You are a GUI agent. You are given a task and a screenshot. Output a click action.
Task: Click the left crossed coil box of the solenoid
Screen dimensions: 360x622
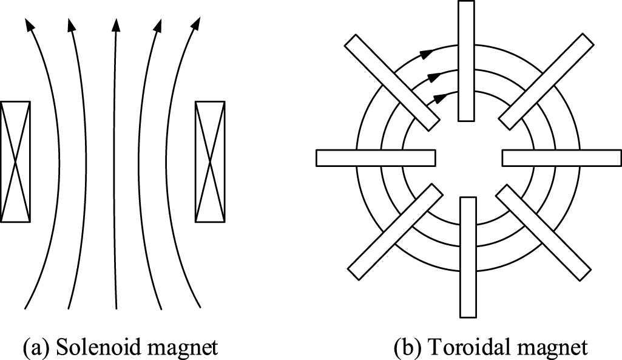click(16, 161)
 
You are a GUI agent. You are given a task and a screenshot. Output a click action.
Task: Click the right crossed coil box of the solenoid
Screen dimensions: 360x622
click(210, 161)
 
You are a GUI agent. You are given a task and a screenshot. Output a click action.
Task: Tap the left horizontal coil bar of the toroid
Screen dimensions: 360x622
click(376, 157)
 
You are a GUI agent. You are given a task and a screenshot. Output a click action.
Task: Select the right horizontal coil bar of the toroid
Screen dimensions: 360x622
click(561, 157)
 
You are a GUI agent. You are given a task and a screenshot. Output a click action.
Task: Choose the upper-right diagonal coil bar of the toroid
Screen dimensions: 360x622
click(545, 80)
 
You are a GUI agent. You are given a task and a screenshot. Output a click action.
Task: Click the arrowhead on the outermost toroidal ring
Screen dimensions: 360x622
click(429, 53)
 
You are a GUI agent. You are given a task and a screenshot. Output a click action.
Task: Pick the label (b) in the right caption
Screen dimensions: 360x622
click(405, 347)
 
